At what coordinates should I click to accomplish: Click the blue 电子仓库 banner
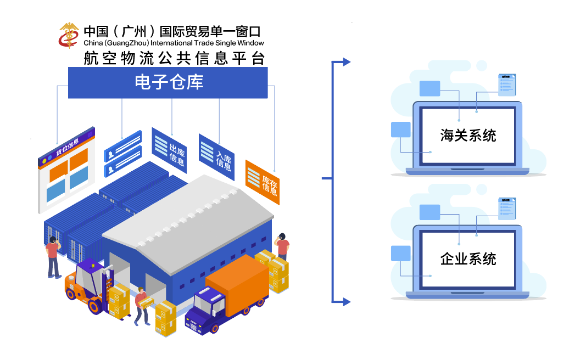point(168,82)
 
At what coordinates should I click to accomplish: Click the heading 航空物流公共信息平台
point(174,58)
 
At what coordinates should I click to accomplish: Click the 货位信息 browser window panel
point(65,171)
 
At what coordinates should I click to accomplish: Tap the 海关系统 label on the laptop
point(468,135)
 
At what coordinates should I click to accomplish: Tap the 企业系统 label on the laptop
point(468,258)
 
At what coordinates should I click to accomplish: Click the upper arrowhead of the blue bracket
point(346,62)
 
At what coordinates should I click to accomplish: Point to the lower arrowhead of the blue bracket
point(346,301)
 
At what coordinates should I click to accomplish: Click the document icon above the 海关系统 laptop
point(506,85)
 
